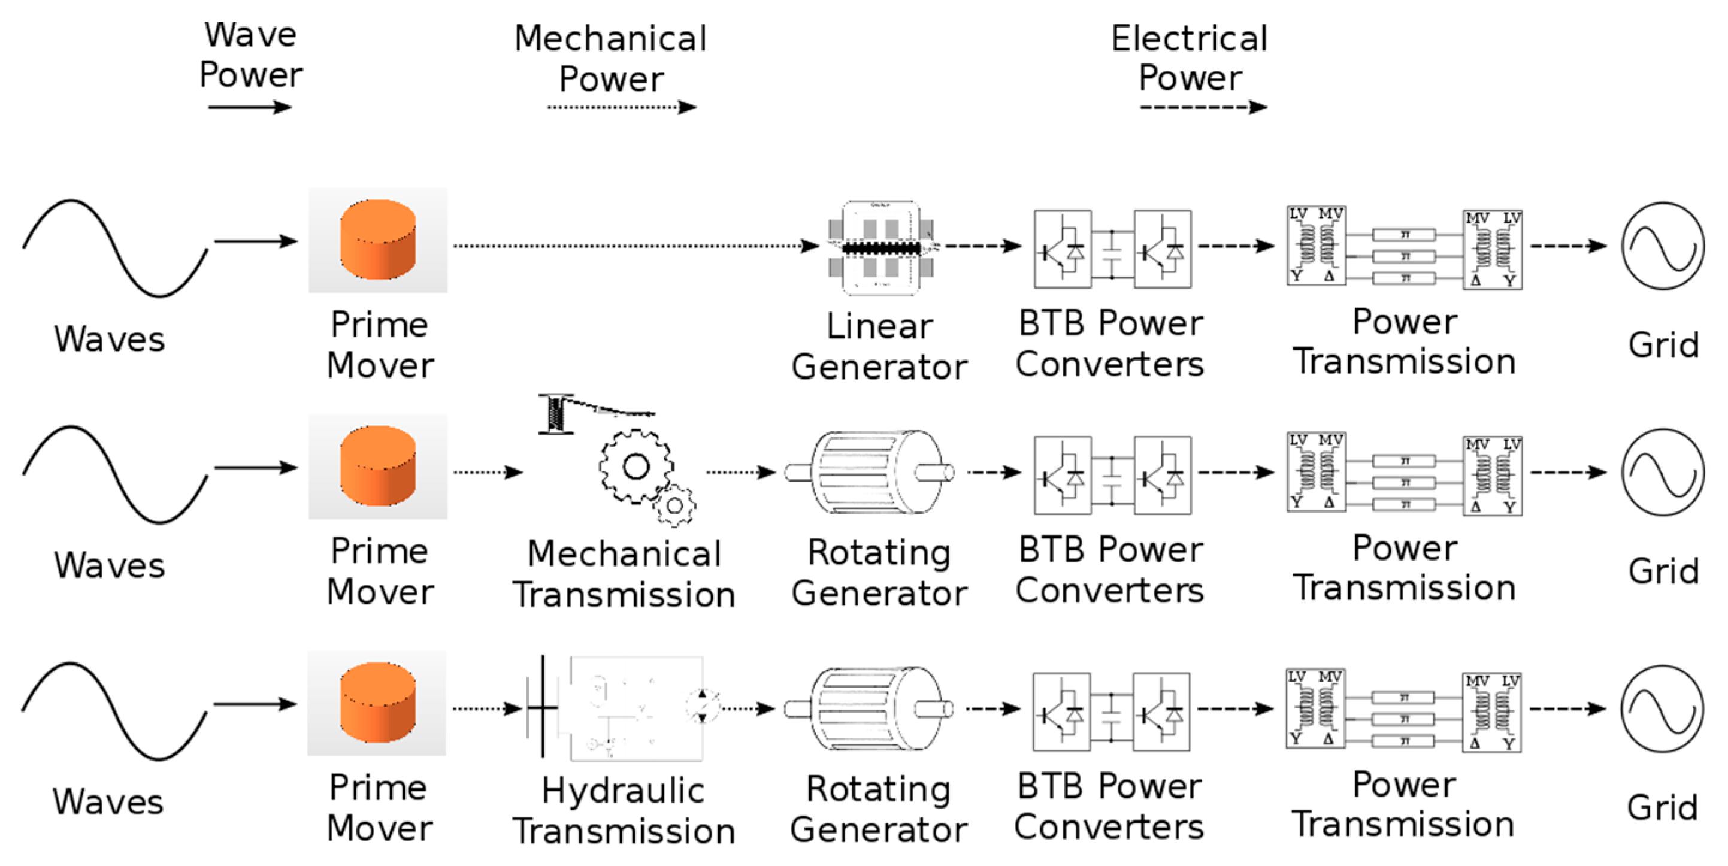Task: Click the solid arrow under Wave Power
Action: [x=250, y=107]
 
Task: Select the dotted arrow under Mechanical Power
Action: [x=621, y=107]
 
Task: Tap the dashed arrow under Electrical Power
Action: [x=1203, y=107]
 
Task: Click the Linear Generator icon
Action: [x=880, y=248]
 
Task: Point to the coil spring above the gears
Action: [x=556, y=414]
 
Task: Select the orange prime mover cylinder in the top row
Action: [x=378, y=240]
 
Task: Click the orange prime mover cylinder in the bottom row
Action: [x=378, y=703]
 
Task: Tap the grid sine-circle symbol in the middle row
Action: [x=1663, y=473]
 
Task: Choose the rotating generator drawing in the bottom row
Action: [x=869, y=708]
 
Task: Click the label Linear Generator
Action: [x=879, y=346]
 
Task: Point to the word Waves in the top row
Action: [x=110, y=339]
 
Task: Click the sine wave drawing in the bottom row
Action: [x=114, y=711]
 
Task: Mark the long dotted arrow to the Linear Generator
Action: [x=634, y=246]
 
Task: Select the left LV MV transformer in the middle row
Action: [x=1315, y=473]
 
